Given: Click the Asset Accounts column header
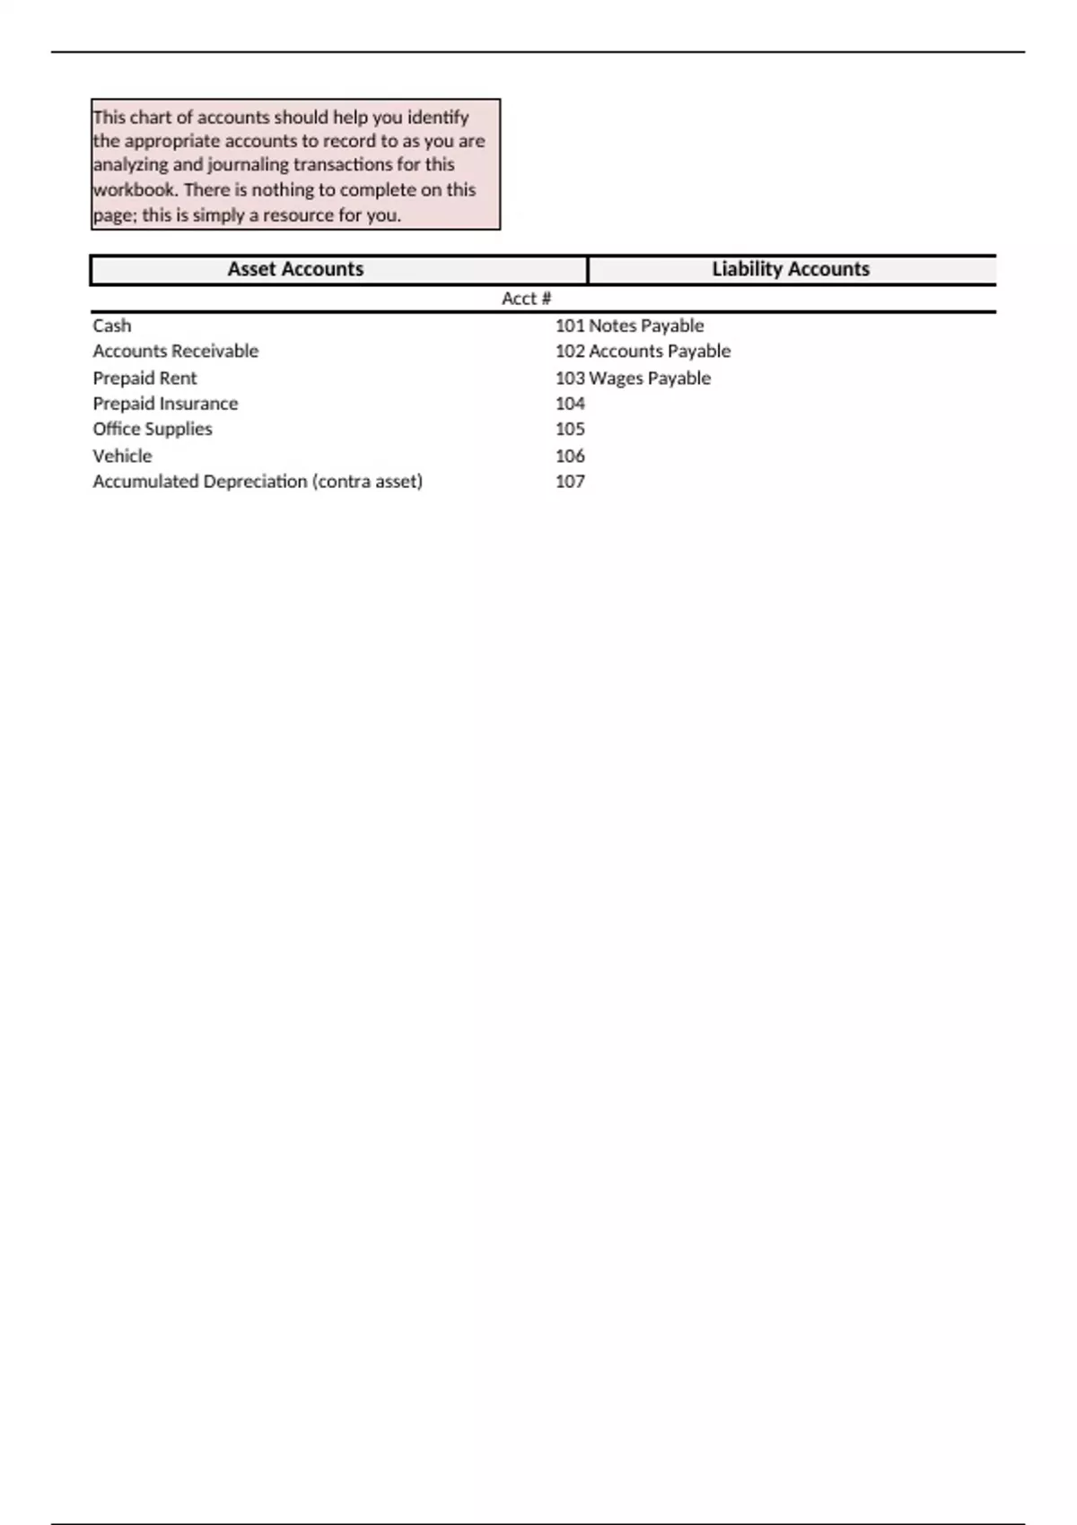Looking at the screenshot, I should pos(295,269).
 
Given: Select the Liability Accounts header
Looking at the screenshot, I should pos(790,269).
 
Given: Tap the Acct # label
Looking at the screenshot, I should pos(526,299).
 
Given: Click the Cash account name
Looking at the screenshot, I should pos(112,326).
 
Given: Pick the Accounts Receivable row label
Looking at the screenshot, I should pos(176,351).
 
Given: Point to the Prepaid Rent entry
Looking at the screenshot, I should pos(144,378).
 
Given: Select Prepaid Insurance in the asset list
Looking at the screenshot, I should pos(166,404).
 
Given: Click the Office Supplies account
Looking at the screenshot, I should pos(153,429).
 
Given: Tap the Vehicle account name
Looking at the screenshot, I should pos(123,456).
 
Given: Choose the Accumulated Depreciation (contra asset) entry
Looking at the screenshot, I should pos(258,481).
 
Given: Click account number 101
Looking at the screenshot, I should pos(570,326).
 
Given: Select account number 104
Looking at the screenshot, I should pos(570,404).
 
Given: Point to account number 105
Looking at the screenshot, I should pos(570,429).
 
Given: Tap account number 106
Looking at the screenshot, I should pos(570,456).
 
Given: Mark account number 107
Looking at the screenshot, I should pos(570,481).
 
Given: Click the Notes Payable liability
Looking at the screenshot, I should pos(646,326).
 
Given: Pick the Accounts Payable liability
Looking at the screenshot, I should pos(660,351).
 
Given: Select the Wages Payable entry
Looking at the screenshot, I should pos(650,378).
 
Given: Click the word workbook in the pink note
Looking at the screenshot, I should pos(135,190).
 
